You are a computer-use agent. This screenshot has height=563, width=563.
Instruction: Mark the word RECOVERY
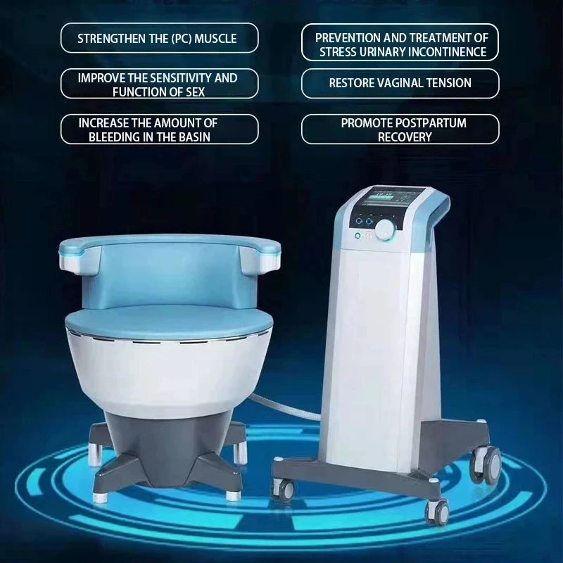(405, 137)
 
